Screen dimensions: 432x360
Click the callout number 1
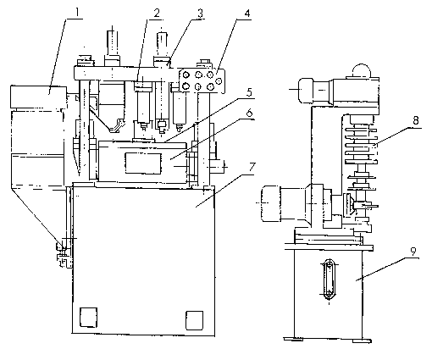click(76, 12)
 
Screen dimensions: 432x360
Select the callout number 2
click(157, 13)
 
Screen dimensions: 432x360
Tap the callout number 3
click(200, 13)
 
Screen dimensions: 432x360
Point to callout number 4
click(246, 14)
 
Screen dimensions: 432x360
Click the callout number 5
click(248, 92)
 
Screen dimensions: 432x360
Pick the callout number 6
click(249, 113)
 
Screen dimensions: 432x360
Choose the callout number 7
click(252, 167)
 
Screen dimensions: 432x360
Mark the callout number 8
click(415, 120)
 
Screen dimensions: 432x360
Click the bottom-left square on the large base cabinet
click(88, 318)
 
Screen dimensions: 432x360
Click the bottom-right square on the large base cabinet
click(194, 320)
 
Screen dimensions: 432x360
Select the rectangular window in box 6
click(143, 163)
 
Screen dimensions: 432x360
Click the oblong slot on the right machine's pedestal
click(329, 280)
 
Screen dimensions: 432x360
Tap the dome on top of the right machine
click(361, 70)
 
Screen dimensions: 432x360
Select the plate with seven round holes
click(202, 80)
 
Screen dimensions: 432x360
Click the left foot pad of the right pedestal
click(293, 339)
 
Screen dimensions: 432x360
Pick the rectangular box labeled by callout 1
click(38, 97)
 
